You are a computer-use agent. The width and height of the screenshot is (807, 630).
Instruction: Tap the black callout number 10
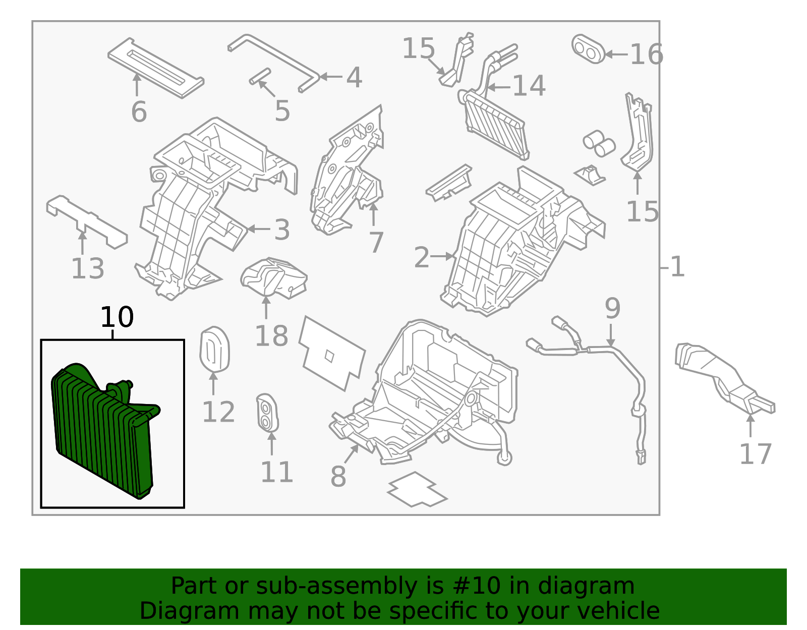pos(117,318)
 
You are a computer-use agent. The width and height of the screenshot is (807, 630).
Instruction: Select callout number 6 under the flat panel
pos(139,112)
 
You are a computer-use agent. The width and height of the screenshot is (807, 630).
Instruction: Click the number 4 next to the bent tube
pos(354,78)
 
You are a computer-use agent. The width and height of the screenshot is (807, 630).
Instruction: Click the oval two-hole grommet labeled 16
pos(588,49)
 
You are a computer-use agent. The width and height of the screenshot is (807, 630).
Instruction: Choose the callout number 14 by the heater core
pos(529,86)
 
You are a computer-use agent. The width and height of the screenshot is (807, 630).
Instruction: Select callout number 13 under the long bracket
pos(88,268)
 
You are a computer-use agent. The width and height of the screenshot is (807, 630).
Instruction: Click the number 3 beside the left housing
pos(282,230)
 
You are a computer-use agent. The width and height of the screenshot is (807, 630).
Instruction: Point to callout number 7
pos(376,243)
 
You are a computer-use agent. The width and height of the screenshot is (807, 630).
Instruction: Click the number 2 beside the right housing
pos(422,258)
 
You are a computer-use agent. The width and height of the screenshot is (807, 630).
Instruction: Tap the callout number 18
pos(271,336)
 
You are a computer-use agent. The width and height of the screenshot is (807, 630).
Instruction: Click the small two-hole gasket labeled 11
pos(267,413)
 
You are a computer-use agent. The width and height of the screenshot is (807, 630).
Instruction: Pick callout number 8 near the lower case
pos(338,477)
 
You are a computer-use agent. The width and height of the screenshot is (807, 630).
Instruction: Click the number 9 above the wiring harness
pos(612,308)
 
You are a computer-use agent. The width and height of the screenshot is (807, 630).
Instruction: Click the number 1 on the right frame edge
pos(677,267)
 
